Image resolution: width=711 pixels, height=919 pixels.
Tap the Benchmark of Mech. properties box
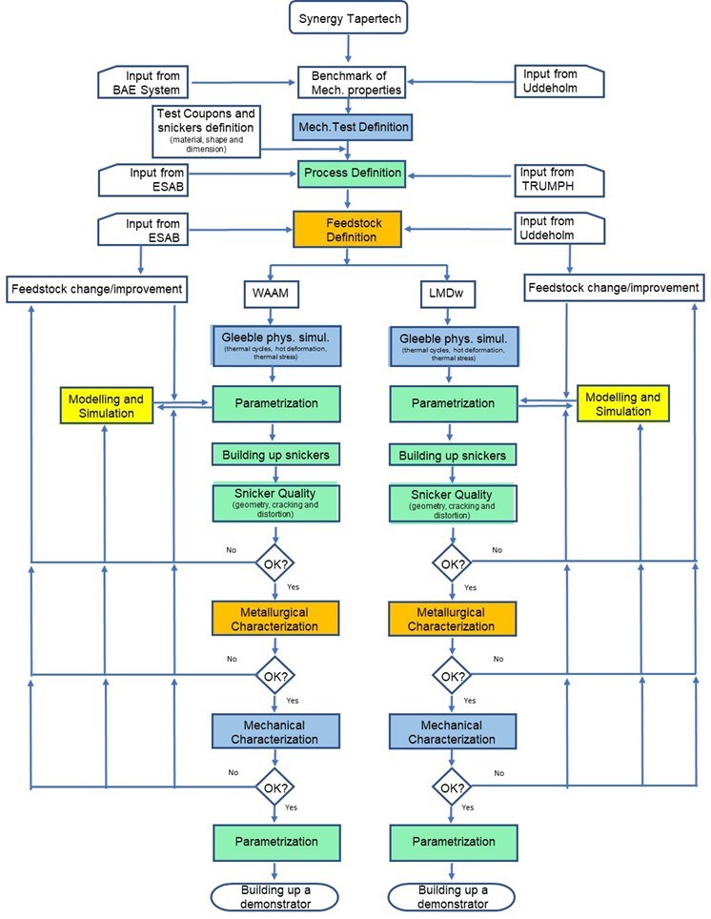click(350, 82)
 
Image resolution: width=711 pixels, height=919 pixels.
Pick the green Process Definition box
click(351, 174)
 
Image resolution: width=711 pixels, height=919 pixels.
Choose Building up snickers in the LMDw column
click(454, 454)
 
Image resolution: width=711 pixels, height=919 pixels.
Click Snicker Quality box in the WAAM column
click(274, 501)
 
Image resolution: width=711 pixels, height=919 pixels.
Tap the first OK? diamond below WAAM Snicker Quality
click(275, 562)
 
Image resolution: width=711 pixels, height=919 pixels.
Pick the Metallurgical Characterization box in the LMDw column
click(452, 619)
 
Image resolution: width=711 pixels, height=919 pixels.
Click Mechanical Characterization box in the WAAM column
click(274, 730)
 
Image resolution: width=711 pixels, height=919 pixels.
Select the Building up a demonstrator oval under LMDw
click(452, 896)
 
